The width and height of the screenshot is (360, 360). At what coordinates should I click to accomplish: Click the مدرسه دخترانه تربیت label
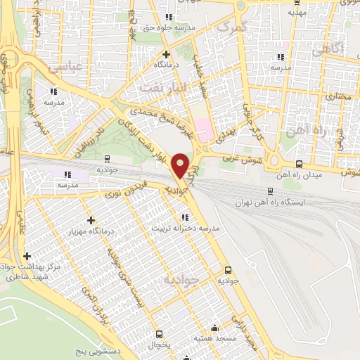pos(190,229)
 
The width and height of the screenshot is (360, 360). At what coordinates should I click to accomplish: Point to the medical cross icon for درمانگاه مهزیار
pos(89,220)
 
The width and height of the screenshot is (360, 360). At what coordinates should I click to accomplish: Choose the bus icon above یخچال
pos(160,335)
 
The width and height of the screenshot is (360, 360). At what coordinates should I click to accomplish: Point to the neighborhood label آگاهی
pos(328,49)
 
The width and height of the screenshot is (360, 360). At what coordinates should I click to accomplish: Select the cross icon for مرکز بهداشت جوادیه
pos(27,257)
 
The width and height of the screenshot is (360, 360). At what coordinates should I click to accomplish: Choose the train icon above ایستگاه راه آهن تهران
pos(271,191)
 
